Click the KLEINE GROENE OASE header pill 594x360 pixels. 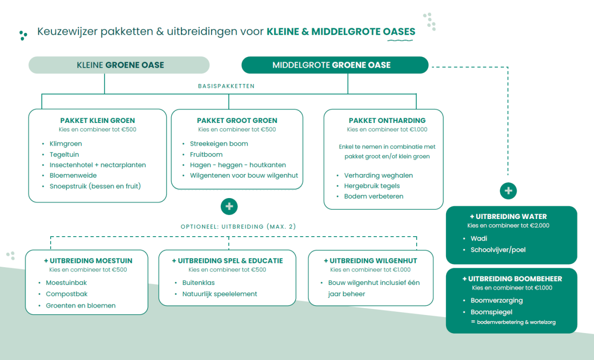(x=119, y=65)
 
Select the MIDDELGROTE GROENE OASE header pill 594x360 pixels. (x=335, y=65)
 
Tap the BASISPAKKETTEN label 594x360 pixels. (x=226, y=86)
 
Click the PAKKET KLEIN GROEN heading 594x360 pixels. (x=97, y=121)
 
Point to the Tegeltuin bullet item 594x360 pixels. (x=64, y=154)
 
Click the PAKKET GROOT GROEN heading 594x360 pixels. (x=237, y=121)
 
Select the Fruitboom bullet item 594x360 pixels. (x=206, y=154)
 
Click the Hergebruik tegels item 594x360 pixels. (x=372, y=186)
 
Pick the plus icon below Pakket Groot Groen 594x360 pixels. (x=229, y=206)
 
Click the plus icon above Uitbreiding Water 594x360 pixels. (x=508, y=191)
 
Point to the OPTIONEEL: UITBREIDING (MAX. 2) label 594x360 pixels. (x=238, y=227)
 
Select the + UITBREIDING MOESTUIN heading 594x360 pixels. (x=88, y=261)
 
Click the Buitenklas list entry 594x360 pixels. (x=199, y=283)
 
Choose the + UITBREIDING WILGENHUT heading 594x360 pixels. (x=370, y=261)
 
